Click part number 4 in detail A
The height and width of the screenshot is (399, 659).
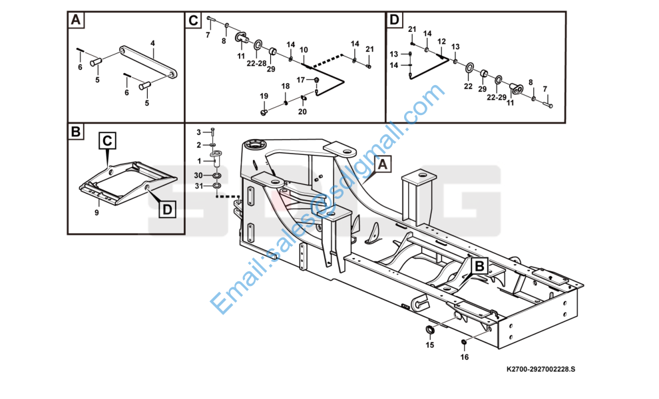[152, 43]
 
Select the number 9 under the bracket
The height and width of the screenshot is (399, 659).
[97, 212]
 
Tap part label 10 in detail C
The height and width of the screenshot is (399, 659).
[304, 50]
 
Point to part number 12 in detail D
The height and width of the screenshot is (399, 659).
[441, 41]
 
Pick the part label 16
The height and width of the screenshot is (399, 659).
[465, 357]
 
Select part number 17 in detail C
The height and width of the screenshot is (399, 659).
[301, 80]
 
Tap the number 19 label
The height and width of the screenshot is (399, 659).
[264, 96]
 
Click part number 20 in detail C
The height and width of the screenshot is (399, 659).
[302, 112]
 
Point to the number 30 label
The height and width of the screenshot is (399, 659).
[198, 175]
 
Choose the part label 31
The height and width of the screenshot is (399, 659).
[198, 186]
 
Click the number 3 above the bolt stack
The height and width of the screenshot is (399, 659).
[198, 132]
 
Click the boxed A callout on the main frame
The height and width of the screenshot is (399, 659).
[383, 162]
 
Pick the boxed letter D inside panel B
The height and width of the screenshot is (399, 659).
[166, 209]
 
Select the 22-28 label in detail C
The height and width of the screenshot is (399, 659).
[256, 63]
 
